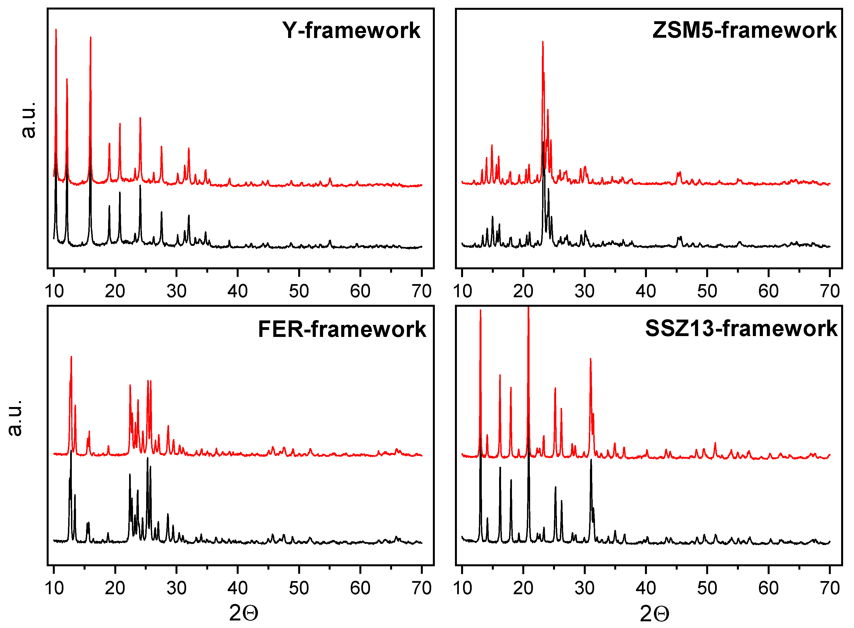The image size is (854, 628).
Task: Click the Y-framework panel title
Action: pyautogui.click(x=351, y=30)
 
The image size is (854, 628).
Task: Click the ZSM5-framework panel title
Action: pyautogui.click(x=744, y=30)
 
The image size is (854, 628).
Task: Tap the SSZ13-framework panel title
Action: pyautogui.click(x=741, y=329)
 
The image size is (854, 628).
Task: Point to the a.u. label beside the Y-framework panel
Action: pyautogui.click(x=29, y=120)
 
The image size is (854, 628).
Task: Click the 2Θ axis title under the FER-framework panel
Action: pyautogui.click(x=243, y=613)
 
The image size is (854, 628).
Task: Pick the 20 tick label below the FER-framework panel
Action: pyautogui.click(x=115, y=588)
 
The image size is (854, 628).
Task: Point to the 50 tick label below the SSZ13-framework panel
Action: pyautogui.click(x=707, y=588)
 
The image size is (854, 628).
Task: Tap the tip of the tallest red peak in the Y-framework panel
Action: pyautogui.click(x=56, y=29)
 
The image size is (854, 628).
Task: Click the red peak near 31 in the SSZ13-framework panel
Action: pyautogui.click(x=590, y=359)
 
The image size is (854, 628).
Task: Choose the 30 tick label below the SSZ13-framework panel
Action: pyautogui.click(x=584, y=588)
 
